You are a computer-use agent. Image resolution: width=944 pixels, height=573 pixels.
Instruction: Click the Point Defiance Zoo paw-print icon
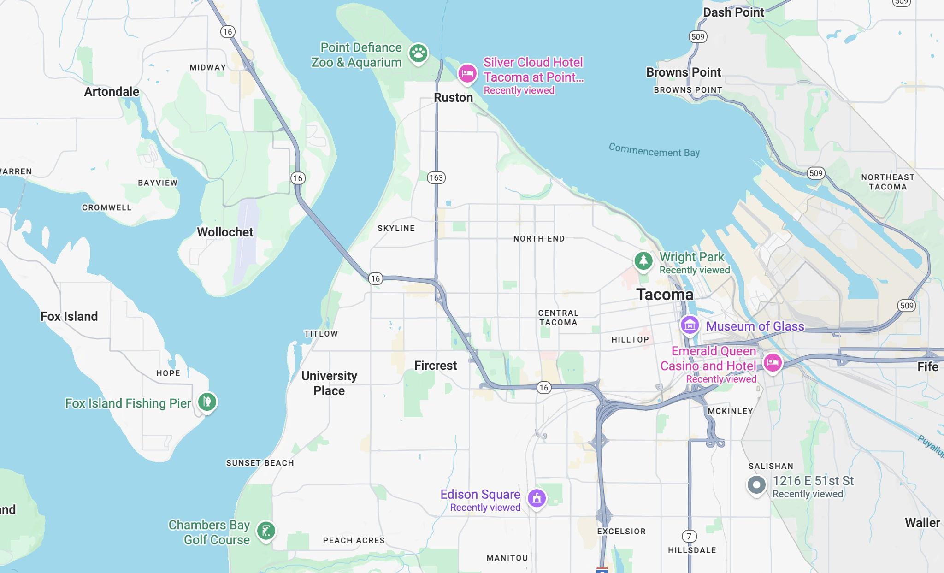(x=418, y=53)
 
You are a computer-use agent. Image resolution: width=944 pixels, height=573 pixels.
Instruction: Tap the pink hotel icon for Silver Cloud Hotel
(x=467, y=73)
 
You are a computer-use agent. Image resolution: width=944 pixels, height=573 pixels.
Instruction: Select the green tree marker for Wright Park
(x=643, y=261)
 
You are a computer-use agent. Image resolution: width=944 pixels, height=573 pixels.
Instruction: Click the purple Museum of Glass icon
(x=690, y=325)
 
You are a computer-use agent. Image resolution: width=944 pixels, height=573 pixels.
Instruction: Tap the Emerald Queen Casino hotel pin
(x=773, y=363)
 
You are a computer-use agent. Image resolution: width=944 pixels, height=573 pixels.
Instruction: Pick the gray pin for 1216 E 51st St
(x=756, y=485)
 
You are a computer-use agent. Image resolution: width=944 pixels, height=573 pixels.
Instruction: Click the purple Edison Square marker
(x=537, y=498)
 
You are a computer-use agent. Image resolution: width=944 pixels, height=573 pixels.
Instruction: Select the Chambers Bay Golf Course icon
(x=266, y=531)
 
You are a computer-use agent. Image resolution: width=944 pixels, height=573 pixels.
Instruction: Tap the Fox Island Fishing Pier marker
(x=207, y=402)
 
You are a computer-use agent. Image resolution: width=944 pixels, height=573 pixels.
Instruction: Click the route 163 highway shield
(x=436, y=177)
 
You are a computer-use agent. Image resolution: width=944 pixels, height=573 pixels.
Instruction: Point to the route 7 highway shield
(x=689, y=536)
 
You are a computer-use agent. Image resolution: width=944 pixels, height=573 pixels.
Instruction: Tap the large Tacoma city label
(x=665, y=295)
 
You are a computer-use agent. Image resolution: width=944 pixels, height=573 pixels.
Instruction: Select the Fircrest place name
(x=436, y=366)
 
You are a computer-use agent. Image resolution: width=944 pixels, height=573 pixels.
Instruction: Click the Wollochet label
(x=225, y=232)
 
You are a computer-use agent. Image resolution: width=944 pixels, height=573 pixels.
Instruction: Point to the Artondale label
(x=112, y=91)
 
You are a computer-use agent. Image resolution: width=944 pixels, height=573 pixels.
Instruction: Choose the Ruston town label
(x=453, y=98)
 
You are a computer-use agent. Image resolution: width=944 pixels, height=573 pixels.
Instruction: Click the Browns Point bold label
(x=683, y=72)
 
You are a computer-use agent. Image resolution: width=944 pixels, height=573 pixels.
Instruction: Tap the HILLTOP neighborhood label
(x=630, y=340)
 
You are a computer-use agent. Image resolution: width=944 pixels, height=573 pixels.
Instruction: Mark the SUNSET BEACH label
(x=260, y=463)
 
